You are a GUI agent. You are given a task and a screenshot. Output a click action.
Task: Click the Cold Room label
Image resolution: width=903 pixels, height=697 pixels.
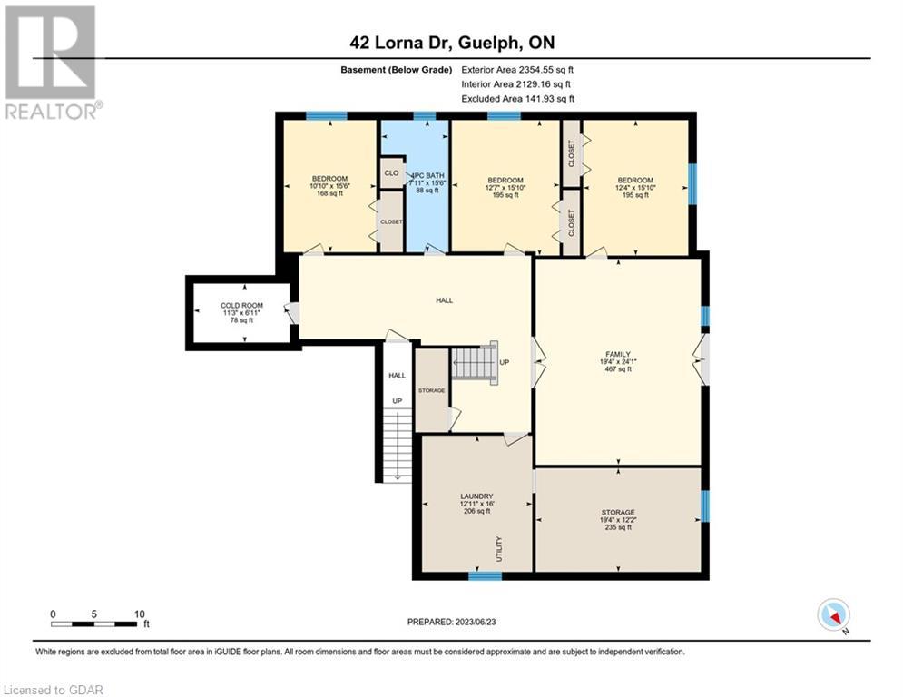point(242,313)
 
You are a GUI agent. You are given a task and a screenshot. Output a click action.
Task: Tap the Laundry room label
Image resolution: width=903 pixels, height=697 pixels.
point(476,504)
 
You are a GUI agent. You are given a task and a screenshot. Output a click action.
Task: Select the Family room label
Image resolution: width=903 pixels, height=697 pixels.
point(618,362)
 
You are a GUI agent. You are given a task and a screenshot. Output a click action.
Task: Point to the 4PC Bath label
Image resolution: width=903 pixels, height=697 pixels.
point(427,182)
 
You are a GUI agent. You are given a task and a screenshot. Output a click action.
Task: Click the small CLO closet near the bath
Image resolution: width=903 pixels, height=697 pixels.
point(392,172)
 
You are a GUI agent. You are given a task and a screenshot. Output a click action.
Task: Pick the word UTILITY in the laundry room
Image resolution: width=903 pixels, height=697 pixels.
point(499,549)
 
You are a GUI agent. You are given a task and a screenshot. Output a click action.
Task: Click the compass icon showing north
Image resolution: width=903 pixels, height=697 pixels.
point(833,615)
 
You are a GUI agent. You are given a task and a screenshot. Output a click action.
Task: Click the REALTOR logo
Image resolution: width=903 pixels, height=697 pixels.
point(51,63)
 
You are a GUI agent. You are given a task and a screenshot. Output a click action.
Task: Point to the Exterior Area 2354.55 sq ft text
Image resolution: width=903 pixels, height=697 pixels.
point(517,70)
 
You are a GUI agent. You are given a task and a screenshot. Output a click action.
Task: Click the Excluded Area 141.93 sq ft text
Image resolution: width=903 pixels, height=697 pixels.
point(517,99)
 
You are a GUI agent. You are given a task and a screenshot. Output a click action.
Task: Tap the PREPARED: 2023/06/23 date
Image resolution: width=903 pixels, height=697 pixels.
point(452,622)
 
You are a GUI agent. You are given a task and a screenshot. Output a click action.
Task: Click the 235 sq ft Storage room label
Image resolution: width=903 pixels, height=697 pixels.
point(618,520)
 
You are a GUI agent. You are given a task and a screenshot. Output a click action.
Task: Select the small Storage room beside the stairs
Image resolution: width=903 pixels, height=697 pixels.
point(432,390)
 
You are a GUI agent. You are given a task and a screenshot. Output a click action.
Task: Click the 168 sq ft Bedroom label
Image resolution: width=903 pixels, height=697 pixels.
point(330,186)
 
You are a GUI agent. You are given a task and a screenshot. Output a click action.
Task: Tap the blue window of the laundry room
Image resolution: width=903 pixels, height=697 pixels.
point(485,574)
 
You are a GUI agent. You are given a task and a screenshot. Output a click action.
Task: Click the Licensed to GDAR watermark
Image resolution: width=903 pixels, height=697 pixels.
point(53,690)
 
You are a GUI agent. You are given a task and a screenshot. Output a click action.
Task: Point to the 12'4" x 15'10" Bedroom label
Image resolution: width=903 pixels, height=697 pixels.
point(635,188)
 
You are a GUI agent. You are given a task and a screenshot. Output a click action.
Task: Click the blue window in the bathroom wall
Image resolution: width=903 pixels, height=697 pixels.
point(425,116)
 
